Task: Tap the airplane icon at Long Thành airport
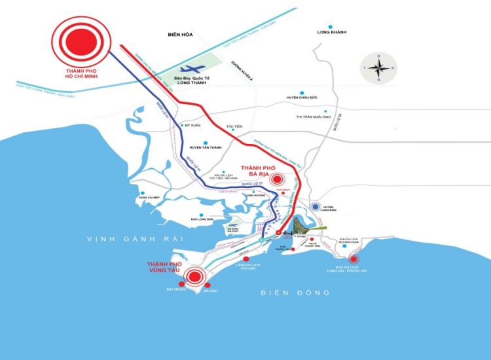pyautogui.click(x=191, y=68)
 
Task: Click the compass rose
pyautogui.click(x=378, y=67)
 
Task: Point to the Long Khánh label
pyautogui.click(x=331, y=32)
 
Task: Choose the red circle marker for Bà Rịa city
pyautogui.click(x=277, y=179)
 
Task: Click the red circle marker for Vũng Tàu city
pyautogui.click(x=194, y=277)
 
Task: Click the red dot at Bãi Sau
pyautogui.click(x=207, y=284)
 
